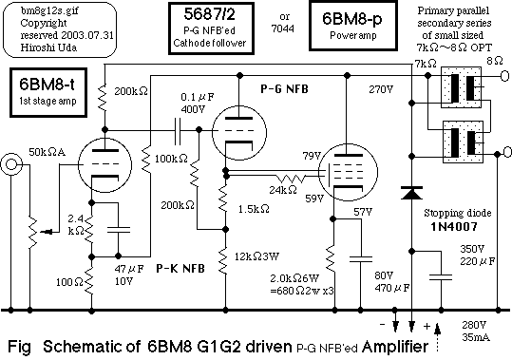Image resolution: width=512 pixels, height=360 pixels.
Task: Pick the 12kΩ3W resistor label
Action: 260,255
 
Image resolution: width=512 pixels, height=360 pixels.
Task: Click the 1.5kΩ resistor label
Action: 254,208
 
